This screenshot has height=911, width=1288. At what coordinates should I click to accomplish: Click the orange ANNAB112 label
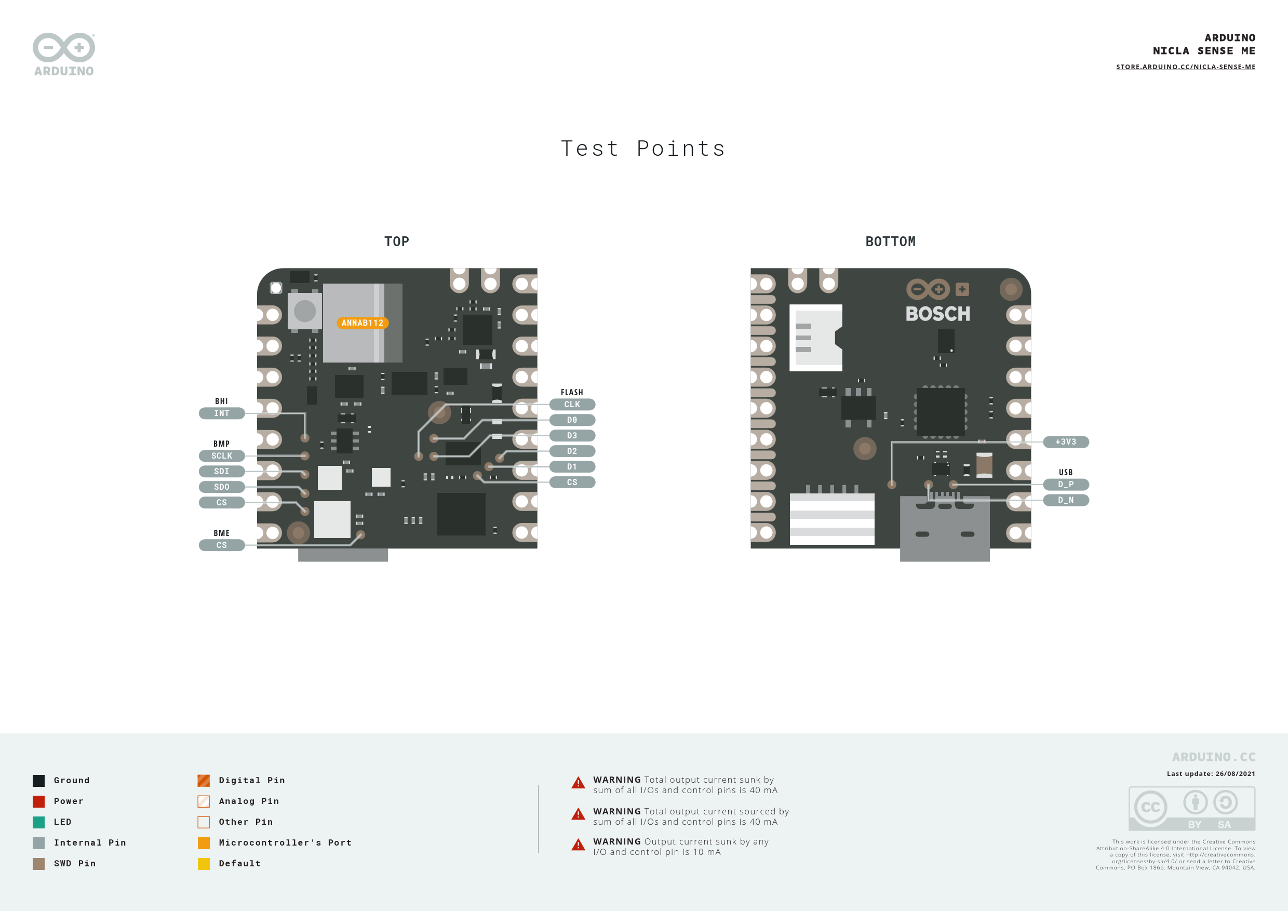coord(363,323)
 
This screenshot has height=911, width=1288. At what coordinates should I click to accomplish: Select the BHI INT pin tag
coord(222,413)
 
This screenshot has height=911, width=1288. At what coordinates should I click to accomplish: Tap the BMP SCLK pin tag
coord(222,456)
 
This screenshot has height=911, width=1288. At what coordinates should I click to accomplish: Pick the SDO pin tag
coord(222,487)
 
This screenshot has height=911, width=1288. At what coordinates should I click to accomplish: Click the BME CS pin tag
coord(222,545)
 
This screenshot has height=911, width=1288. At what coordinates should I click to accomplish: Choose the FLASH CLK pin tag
coord(572,405)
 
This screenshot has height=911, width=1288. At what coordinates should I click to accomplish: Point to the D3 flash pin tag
coord(572,436)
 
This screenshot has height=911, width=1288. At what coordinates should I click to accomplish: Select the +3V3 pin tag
coord(1066,442)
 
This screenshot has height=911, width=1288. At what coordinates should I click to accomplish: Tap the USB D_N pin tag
coord(1066,500)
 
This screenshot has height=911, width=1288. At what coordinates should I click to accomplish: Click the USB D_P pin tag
coord(1066,485)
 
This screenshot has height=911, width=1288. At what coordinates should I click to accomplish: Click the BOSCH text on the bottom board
coord(937,314)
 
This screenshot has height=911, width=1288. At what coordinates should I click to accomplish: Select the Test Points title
coord(643,149)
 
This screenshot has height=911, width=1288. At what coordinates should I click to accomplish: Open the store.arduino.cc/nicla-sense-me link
coord(1185,67)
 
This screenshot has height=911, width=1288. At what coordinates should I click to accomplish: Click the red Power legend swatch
coord(39,801)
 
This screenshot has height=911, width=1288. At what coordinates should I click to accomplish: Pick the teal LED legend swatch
coord(39,822)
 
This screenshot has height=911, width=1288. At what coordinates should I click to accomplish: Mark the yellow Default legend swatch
coord(204,864)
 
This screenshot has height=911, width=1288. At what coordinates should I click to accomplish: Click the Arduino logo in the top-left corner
coord(64,55)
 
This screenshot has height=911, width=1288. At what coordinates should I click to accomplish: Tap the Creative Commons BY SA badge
coord(1191,809)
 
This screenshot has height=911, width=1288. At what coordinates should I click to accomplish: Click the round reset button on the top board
coord(305,311)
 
